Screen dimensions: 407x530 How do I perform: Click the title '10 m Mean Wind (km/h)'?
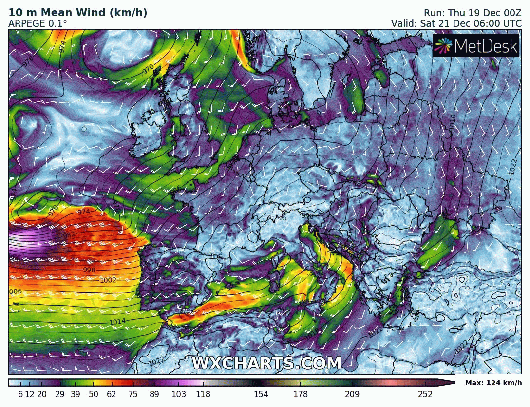[x=78, y=13]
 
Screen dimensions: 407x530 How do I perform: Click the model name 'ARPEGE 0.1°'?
[x=38, y=23]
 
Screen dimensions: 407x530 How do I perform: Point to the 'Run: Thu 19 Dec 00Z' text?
[x=473, y=13]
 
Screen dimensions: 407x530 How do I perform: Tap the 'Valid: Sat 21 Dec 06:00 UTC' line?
[x=456, y=23]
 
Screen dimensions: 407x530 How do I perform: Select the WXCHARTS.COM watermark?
[x=266, y=364]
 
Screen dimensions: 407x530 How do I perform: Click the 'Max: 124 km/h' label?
[x=493, y=383]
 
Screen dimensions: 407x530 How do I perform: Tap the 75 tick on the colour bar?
[x=133, y=394]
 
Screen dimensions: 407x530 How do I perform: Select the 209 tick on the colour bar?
[x=352, y=394]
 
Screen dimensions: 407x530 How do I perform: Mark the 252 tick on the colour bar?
[x=425, y=394]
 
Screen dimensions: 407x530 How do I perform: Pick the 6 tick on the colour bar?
[x=20, y=394]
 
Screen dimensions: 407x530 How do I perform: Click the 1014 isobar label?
[x=117, y=322]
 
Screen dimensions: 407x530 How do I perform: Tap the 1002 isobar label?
[x=108, y=280]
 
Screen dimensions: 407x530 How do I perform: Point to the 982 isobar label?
[x=69, y=235]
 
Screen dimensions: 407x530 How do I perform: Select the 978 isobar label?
[x=28, y=61]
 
